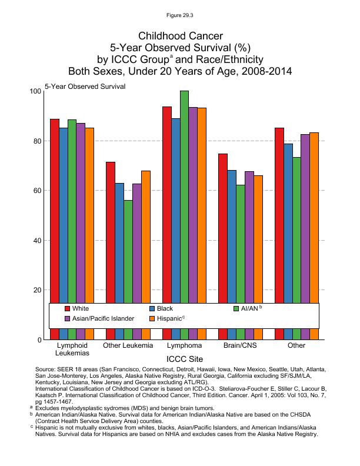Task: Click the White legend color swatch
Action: click(x=68, y=308)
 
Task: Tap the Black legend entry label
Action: click(x=165, y=308)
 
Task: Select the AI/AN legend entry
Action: click(x=250, y=308)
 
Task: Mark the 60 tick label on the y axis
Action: click(x=36, y=191)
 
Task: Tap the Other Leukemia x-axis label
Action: click(x=128, y=345)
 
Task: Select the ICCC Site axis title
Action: click(x=185, y=357)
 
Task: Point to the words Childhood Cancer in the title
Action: click(x=180, y=36)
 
